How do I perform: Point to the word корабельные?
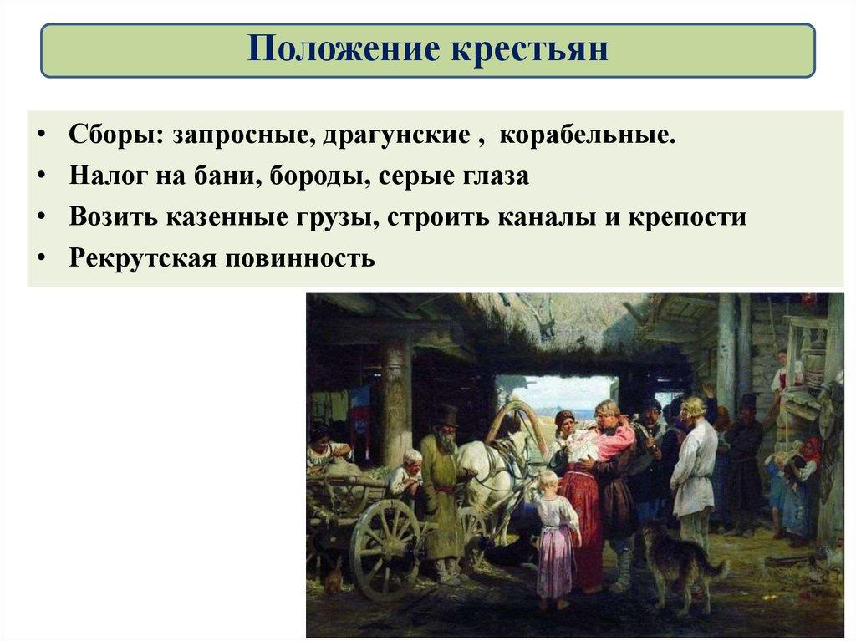tap(577, 136)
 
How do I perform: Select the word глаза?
tap(494, 177)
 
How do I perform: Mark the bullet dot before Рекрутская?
tap(42, 257)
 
